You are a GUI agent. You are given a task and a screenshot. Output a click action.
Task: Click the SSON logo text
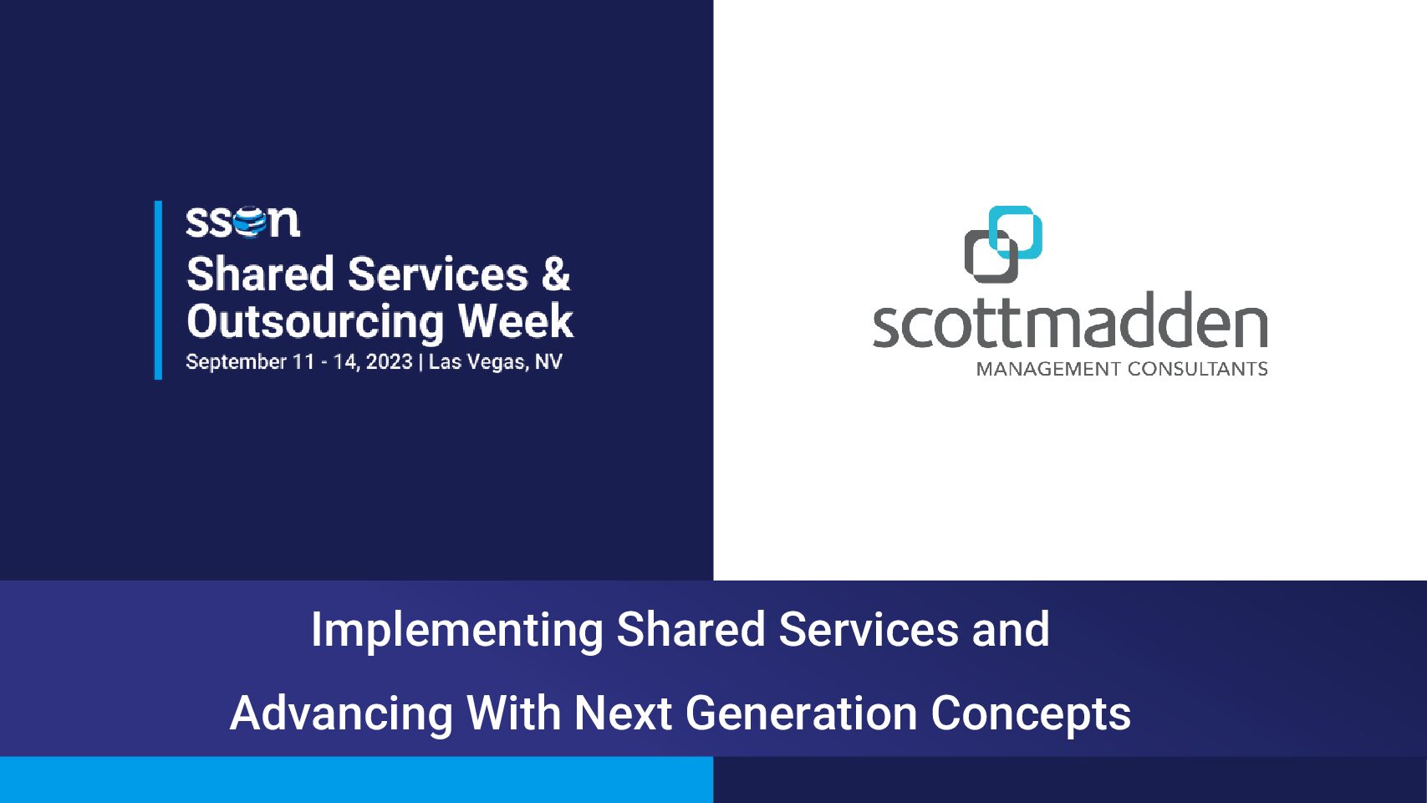(242, 222)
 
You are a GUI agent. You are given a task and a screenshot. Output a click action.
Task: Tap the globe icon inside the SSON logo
(249, 222)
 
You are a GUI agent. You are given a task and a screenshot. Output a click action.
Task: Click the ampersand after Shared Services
(555, 274)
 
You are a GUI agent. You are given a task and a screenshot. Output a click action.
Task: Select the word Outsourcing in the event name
(315, 322)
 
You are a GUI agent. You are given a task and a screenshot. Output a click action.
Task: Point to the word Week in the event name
(516, 320)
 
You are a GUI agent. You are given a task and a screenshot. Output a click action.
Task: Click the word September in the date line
(236, 363)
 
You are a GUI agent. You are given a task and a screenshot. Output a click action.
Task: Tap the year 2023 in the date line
(390, 362)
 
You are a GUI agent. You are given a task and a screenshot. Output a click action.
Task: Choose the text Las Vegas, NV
(495, 363)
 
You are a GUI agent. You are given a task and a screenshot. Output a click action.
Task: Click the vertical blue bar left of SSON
(159, 290)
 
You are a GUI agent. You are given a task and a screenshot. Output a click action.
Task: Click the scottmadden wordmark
(1069, 320)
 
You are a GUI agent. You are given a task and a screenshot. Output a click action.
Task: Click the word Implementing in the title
(456, 631)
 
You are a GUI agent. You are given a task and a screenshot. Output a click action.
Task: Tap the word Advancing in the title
(341, 714)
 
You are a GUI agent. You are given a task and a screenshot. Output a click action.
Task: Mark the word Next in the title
(623, 713)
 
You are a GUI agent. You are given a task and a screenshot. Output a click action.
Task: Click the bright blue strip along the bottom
(357, 780)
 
